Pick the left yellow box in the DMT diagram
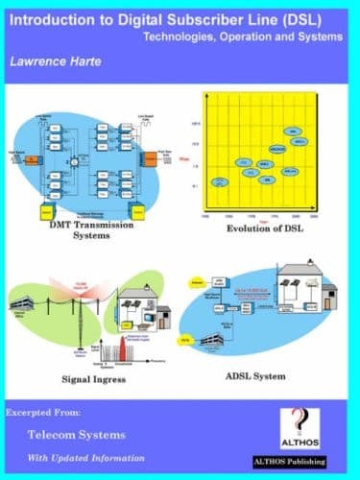pos(42,210)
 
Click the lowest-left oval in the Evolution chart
pos(224,180)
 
